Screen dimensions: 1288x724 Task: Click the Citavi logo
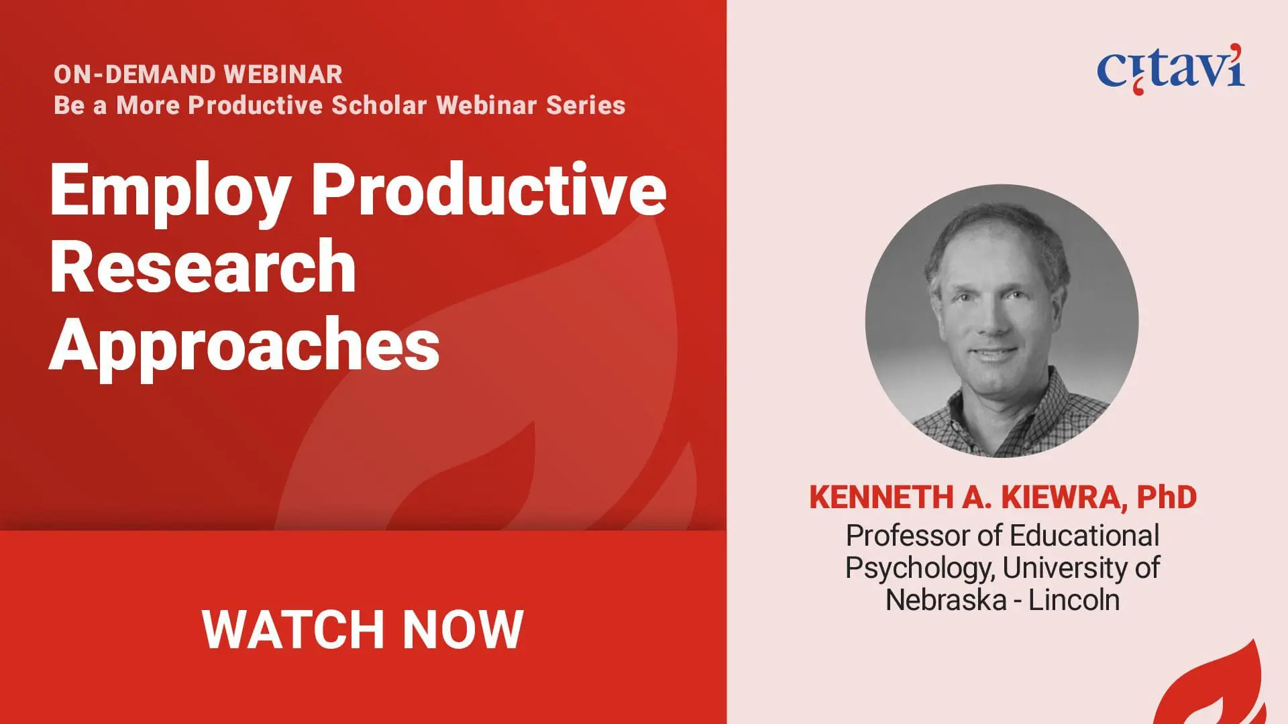[1171, 68]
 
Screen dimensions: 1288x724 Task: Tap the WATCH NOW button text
[362, 629]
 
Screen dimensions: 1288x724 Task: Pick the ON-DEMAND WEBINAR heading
[198, 74]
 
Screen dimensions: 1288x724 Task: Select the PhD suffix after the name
[1167, 497]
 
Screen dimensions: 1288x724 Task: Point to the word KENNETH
[881, 497]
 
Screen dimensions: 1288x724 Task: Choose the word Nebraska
[946, 600]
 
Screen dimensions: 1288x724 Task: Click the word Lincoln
[1074, 600]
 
